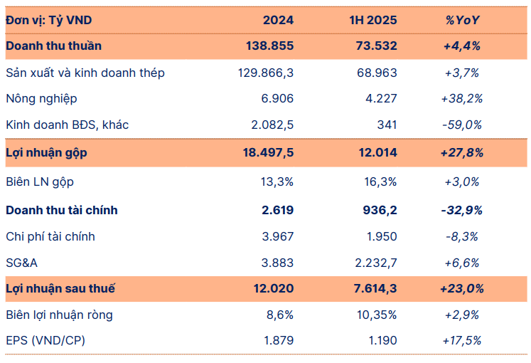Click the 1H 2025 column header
click(x=374, y=20)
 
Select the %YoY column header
click(x=463, y=20)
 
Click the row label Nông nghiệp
click(x=41, y=99)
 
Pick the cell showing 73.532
click(x=376, y=46)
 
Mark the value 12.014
click(x=376, y=152)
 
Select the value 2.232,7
click(x=373, y=263)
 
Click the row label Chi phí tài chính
click(x=50, y=236)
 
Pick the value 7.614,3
click(x=373, y=288)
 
